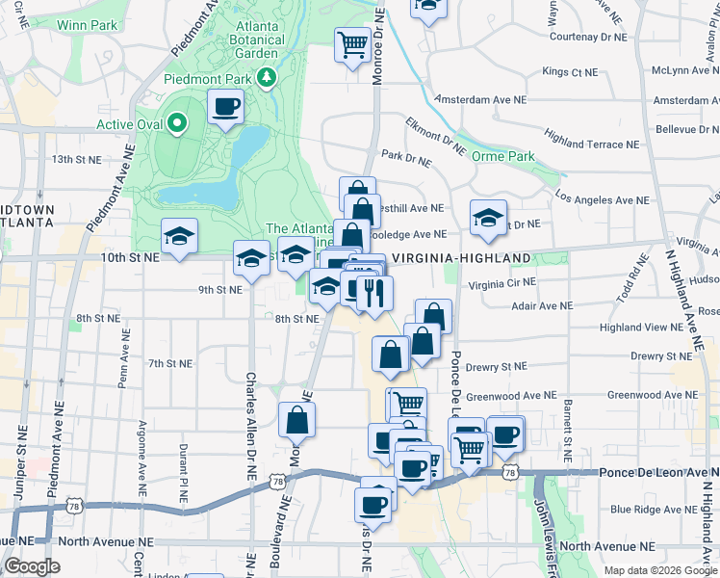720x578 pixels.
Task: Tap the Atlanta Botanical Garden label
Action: [x=256, y=34]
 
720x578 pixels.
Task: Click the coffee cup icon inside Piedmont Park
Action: [x=225, y=106]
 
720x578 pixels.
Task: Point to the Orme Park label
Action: [x=508, y=156]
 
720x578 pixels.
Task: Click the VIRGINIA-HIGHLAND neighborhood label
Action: [x=461, y=258]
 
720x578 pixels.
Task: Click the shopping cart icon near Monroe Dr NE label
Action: [x=353, y=43]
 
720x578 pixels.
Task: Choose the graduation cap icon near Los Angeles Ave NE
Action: [x=488, y=217]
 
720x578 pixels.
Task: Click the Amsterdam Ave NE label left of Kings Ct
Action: [x=480, y=99]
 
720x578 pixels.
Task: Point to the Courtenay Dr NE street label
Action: [x=587, y=37]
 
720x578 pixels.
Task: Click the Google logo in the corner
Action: [x=32, y=566]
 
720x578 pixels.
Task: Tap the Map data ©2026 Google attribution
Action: [x=660, y=570]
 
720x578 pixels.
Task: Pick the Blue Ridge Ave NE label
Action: [x=650, y=510]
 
